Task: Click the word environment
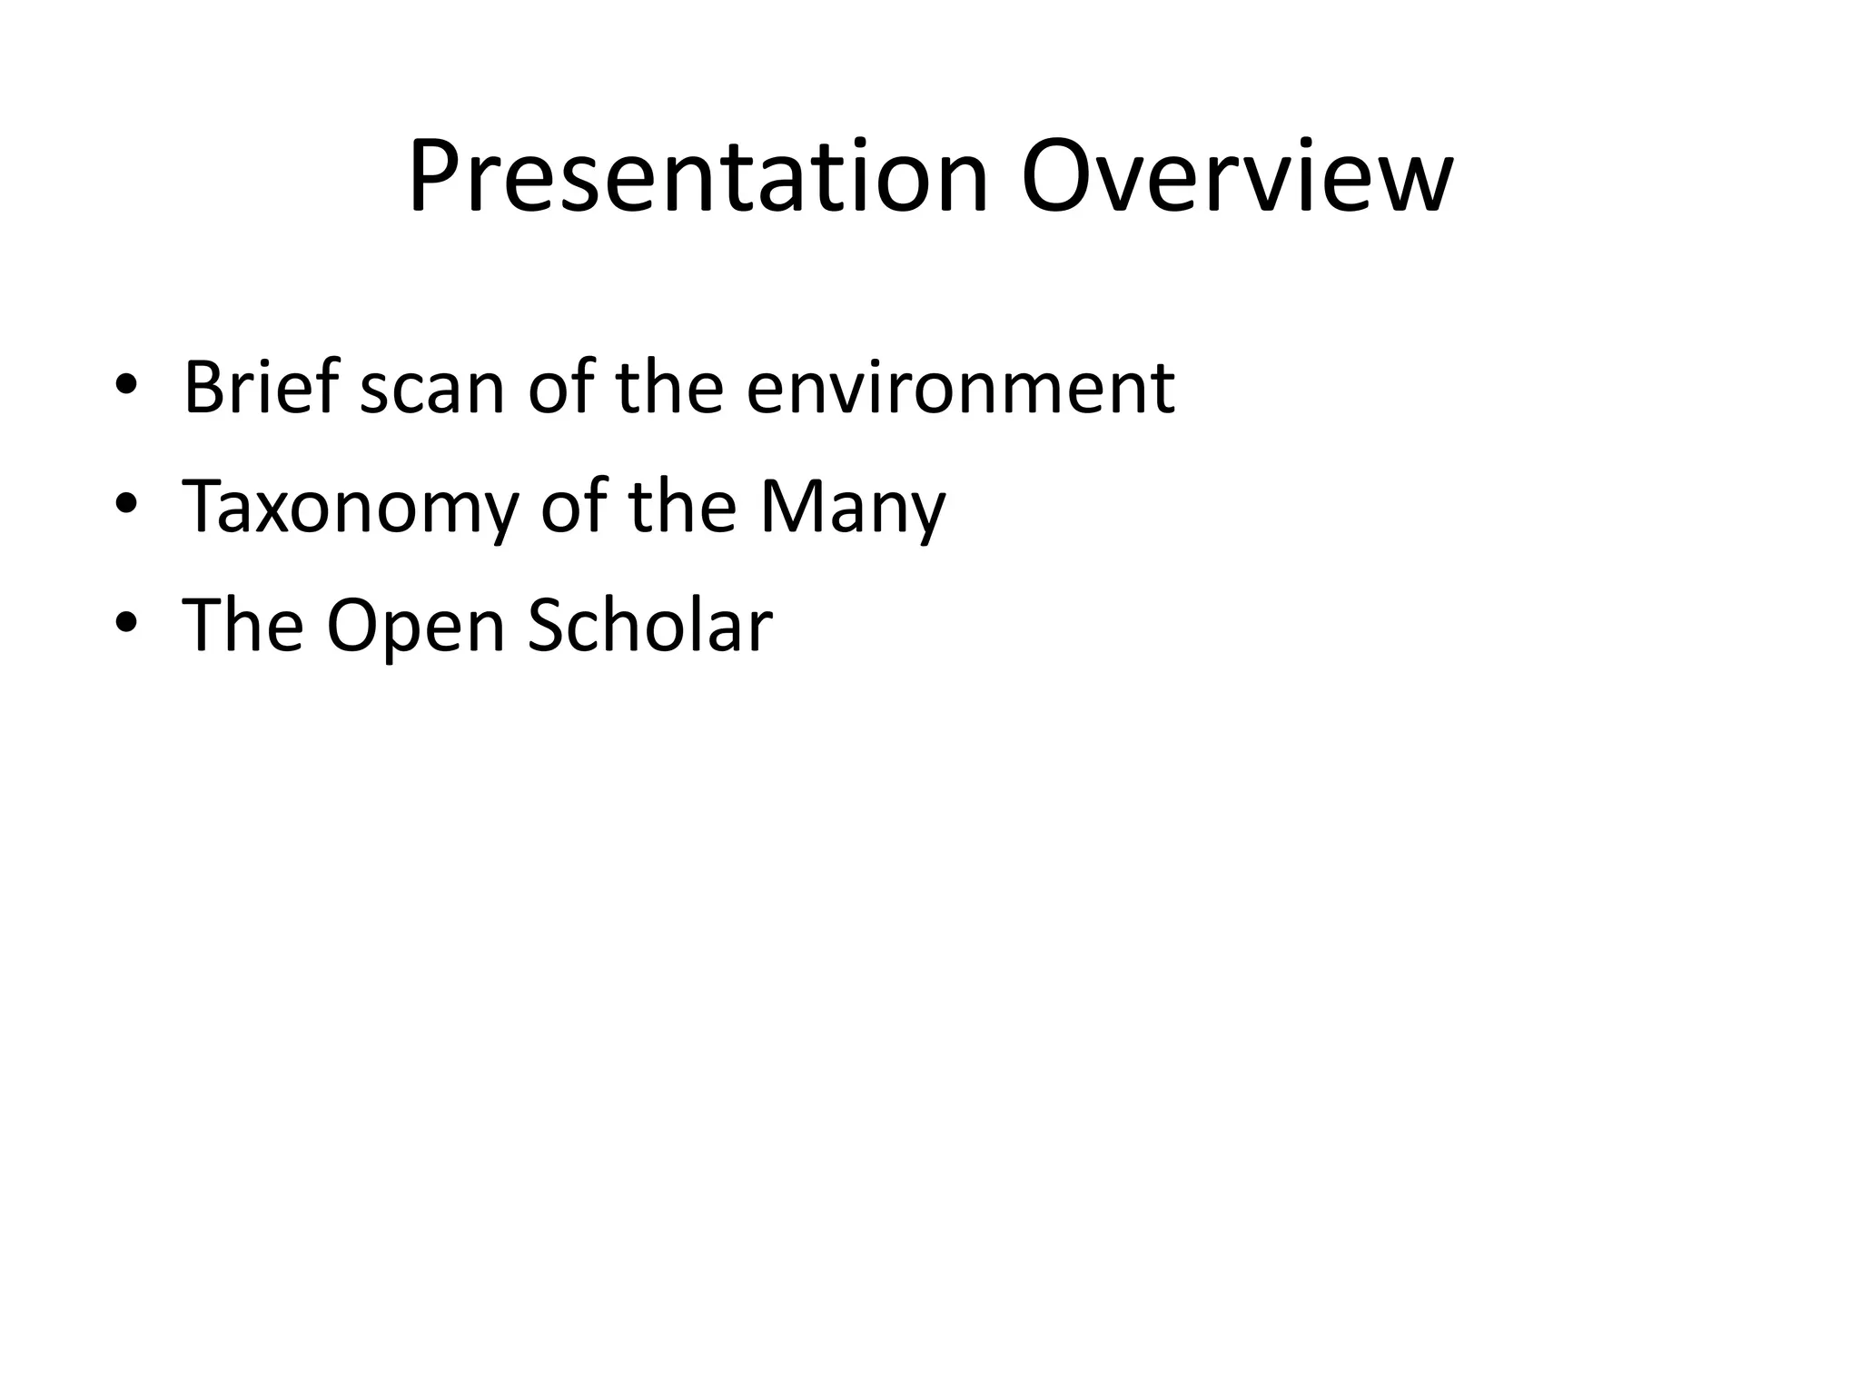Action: (961, 388)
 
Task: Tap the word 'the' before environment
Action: (669, 388)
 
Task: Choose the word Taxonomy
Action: (350, 509)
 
